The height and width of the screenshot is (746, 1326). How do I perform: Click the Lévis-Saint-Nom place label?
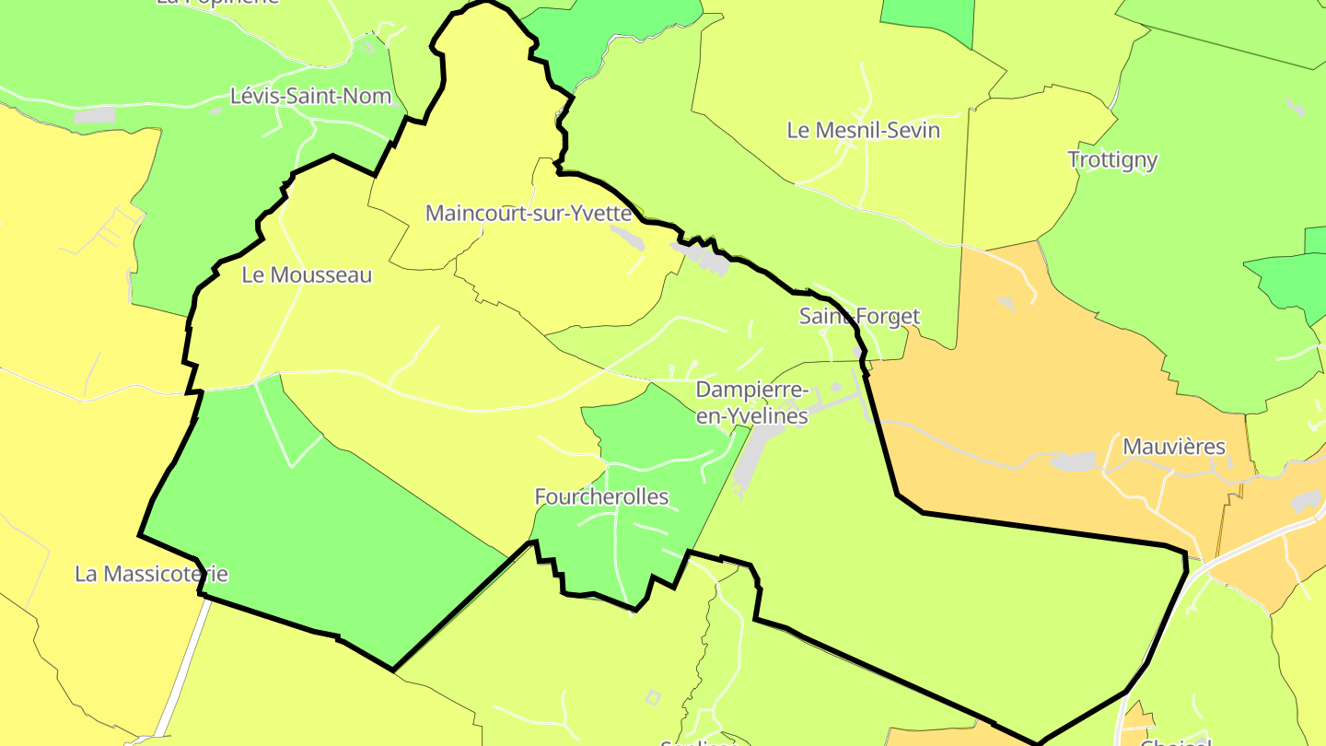pyautogui.click(x=311, y=96)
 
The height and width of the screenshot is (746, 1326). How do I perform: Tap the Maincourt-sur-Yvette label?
pyautogui.click(x=529, y=214)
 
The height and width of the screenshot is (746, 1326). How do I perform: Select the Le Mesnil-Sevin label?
pyautogui.click(x=863, y=130)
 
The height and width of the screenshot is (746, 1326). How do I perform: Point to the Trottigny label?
pyautogui.click(x=1112, y=159)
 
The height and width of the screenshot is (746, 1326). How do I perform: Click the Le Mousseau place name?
pyautogui.click(x=307, y=274)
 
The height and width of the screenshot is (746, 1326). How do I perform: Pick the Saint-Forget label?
pyautogui.click(x=859, y=316)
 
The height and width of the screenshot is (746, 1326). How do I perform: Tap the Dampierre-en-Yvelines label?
pyautogui.click(x=751, y=402)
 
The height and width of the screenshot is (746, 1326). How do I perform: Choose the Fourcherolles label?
pyautogui.click(x=601, y=496)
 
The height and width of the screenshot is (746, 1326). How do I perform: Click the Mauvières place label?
pyautogui.click(x=1174, y=447)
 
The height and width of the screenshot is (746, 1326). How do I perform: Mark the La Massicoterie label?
pyautogui.click(x=151, y=574)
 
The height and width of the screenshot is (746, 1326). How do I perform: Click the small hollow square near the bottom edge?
pyautogui.click(x=653, y=697)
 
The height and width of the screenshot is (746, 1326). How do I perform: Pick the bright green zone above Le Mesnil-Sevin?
pyautogui.click(x=926, y=20)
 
